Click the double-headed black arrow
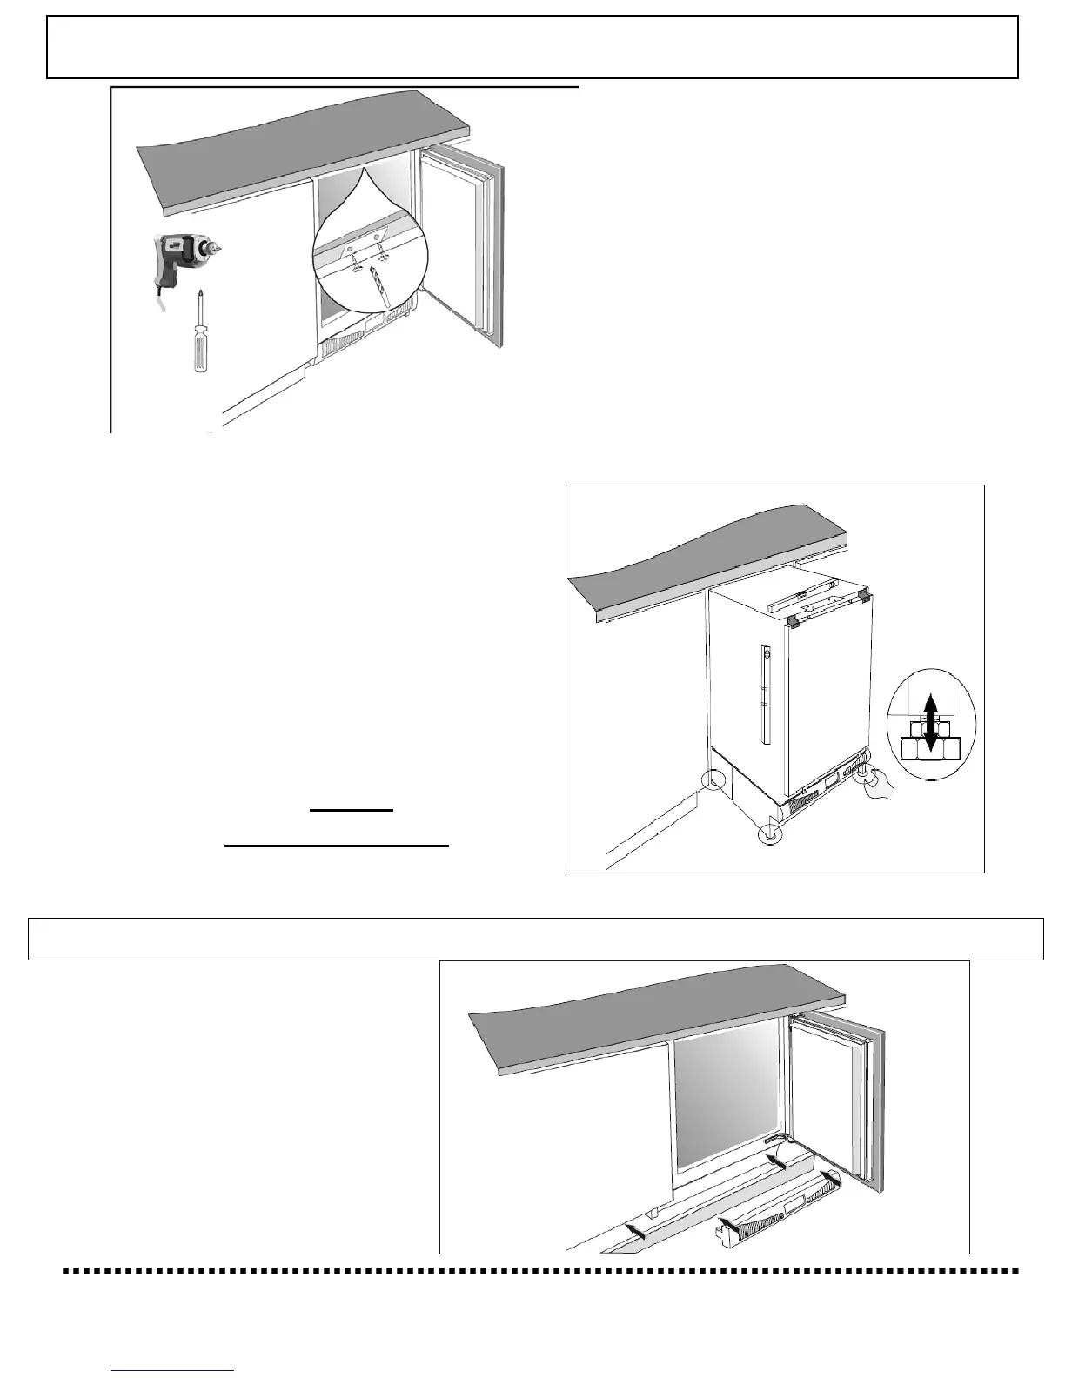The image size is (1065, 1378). click(931, 721)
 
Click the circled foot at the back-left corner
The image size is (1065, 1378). click(714, 779)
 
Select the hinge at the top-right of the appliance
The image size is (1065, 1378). click(862, 596)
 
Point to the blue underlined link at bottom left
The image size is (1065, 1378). click(173, 1370)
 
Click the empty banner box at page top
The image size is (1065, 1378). click(532, 47)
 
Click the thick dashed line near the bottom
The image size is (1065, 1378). click(539, 1271)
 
